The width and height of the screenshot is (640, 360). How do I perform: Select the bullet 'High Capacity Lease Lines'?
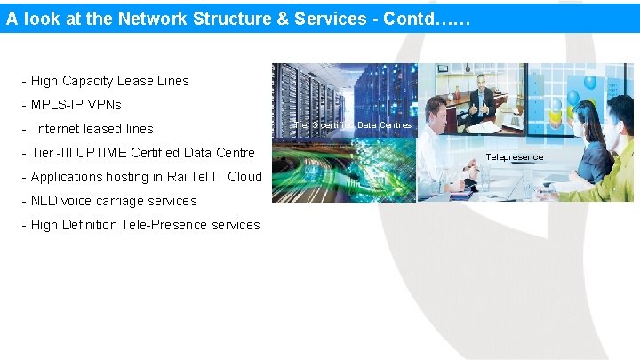coord(109,81)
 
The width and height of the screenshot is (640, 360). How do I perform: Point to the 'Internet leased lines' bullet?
coord(93,129)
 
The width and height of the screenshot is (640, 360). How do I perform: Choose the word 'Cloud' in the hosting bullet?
coord(243,177)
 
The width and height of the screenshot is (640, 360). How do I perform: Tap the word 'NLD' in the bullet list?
coord(45,201)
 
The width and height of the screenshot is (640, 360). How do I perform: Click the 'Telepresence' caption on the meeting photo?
coord(514,157)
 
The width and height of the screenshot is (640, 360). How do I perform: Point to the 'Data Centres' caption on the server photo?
coord(384,125)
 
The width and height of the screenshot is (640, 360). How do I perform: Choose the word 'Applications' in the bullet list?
coord(68,177)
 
